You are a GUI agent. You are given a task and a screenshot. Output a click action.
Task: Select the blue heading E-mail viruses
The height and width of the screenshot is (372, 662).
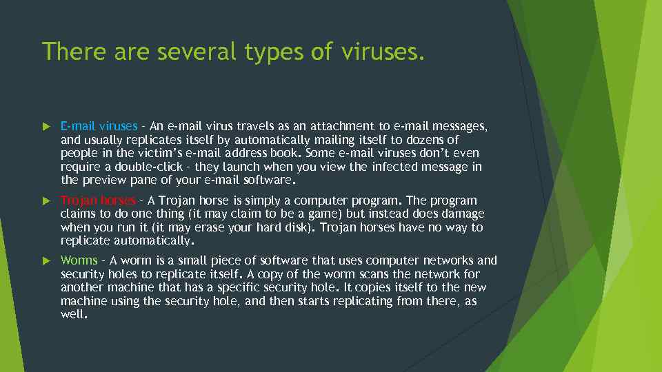[x=99, y=126]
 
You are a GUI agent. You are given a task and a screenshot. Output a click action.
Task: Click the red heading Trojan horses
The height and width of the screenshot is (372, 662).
[x=98, y=200]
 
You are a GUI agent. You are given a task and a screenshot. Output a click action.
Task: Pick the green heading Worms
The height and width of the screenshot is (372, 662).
[x=79, y=260]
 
